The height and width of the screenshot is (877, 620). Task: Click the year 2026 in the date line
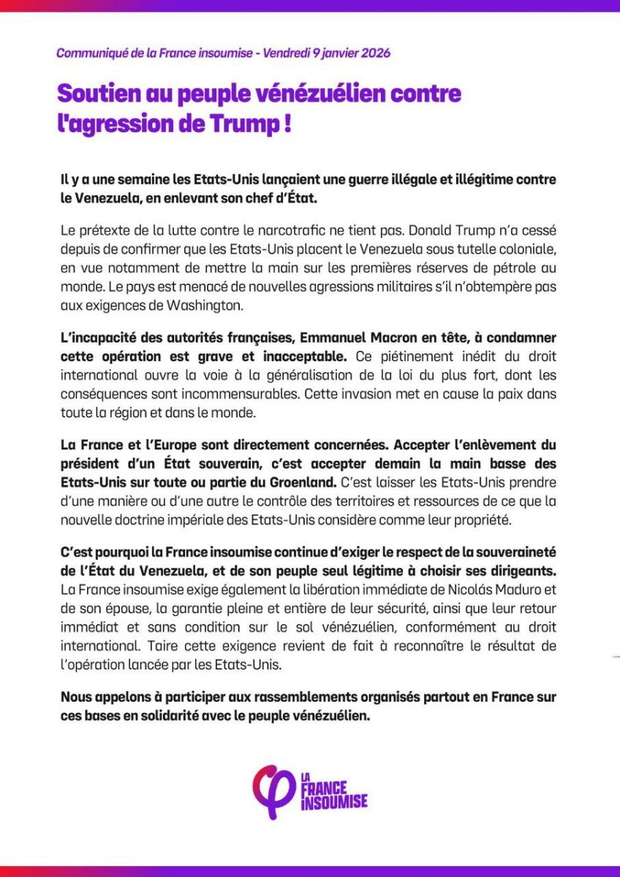pyautogui.click(x=376, y=53)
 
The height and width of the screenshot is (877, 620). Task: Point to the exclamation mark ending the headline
pyautogui.click(x=287, y=123)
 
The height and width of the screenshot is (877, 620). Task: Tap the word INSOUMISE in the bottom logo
pyautogui.click(x=333, y=802)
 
